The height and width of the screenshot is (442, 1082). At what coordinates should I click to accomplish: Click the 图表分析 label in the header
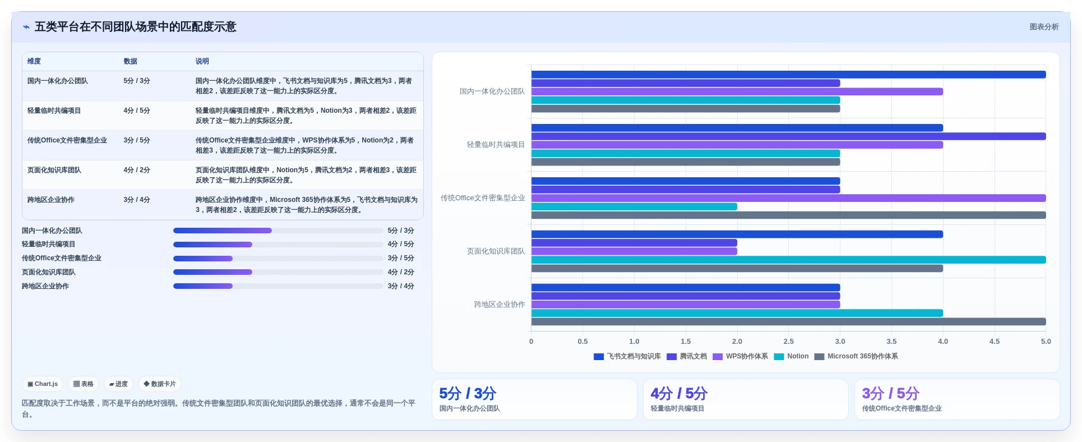(x=1044, y=27)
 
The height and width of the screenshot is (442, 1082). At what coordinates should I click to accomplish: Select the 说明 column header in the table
(x=202, y=61)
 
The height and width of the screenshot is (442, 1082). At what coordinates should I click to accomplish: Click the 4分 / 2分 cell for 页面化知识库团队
(x=137, y=170)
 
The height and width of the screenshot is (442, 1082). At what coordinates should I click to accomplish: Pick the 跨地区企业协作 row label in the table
(x=51, y=200)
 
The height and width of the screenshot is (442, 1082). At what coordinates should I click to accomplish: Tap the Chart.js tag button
(x=43, y=384)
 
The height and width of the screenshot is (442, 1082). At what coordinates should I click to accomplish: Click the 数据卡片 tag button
(x=160, y=384)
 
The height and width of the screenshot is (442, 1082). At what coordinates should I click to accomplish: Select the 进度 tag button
(x=118, y=384)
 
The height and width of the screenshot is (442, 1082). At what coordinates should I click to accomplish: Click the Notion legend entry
(x=791, y=356)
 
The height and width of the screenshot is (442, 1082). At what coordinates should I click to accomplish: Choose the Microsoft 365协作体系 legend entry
(x=856, y=356)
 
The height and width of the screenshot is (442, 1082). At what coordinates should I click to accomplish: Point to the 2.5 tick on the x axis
(x=788, y=341)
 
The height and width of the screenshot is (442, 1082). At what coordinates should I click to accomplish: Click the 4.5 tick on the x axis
(x=994, y=341)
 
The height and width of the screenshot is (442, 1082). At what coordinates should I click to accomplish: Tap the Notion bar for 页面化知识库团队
(x=788, y=260)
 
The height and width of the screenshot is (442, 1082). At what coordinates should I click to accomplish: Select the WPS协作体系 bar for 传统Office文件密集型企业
(x=788, y=198)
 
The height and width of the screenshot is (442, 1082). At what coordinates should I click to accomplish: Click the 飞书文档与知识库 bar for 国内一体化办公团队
(x=788, y=75)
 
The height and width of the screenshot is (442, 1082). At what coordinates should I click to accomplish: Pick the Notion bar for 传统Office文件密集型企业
(x=634, y=206)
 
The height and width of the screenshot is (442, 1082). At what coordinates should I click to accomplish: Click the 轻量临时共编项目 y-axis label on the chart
(x=496, y=145)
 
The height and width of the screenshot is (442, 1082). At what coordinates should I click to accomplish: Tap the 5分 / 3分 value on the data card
(x=468, y=393)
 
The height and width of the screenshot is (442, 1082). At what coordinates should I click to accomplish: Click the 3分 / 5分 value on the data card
(x=890, y=393)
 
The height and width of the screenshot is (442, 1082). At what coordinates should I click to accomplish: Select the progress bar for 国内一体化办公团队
(x=278, y=231)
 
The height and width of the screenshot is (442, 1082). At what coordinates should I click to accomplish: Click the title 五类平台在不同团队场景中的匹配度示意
(x=135, y=27)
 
